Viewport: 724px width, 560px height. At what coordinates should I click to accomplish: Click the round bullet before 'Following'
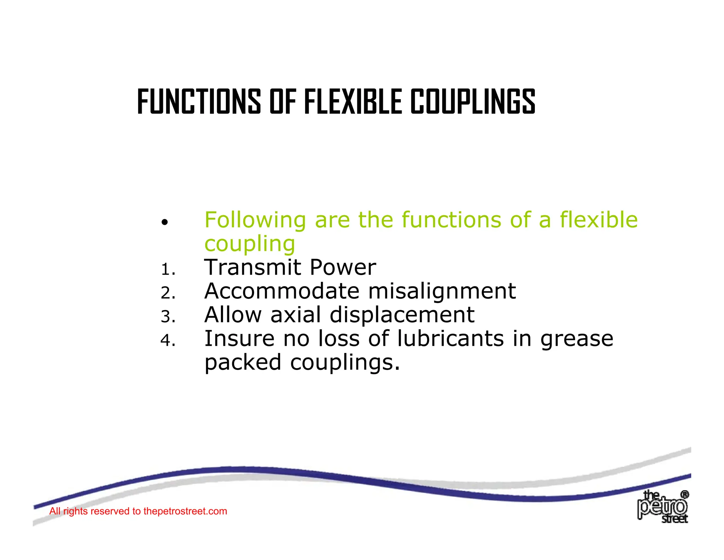(x=164, y=223)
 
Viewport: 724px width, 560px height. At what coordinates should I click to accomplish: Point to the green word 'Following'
(x=255, y=220)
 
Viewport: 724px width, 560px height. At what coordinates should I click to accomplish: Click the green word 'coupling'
(x=250, y=244)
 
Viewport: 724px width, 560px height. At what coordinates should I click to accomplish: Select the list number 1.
(x=168, y=270)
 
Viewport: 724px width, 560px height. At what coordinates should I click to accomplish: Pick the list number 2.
(x=168, y=293)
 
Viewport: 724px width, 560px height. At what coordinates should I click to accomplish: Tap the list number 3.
(x=168, y=316)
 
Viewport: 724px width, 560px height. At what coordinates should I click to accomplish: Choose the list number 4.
(x=168, y=341)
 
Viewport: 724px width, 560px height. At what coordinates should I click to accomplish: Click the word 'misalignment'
(x=442, y=292)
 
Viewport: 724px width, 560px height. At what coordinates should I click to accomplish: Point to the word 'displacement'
(x=402, y=315)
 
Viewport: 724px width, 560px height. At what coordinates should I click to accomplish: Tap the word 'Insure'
(x=239, y=338)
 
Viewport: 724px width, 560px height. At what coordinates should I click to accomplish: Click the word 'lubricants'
(x=450, y=338)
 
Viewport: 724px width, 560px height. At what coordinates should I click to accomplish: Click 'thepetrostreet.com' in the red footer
(x=185, y=511)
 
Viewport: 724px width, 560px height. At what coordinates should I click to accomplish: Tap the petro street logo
(x=662, y=507)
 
